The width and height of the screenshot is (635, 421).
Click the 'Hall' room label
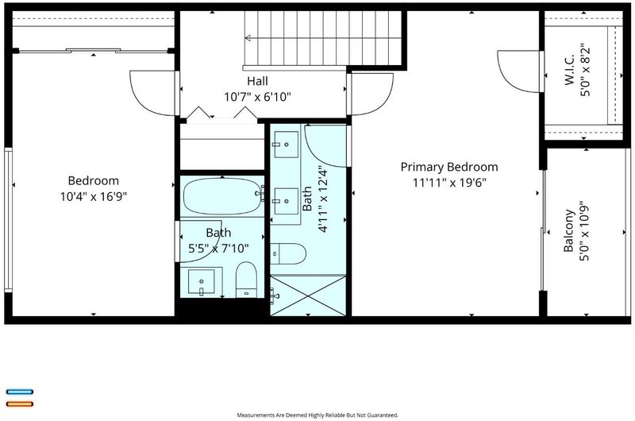[x=257, y=81]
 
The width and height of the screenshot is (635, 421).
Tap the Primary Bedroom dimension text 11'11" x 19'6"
[x=449, y=183]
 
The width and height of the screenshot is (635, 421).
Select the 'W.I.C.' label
[x=569, y=70]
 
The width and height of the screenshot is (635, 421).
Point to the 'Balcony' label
[x=569, y=230]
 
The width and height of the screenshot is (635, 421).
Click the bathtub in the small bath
[x=222, y=196]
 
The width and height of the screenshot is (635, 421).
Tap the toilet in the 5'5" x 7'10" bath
[x=246, y=280]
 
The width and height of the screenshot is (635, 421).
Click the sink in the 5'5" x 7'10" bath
[x=202, y=282]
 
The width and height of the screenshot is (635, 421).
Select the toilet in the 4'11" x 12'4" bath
[x=288, y=253]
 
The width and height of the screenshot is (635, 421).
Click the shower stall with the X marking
[x=308, y=295]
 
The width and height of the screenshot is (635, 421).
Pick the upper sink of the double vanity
[x=287, y=145]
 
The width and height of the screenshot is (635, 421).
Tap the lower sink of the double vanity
[x=287, y=201]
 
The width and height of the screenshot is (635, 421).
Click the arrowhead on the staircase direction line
[x=248, y=38]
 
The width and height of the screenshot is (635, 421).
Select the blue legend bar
[x=19, y=392]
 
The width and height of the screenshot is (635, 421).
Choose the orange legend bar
[x=19, y=404]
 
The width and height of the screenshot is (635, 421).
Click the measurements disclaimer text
[x=317, y=415]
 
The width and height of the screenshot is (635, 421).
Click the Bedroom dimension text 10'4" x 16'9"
[x=94, y=197]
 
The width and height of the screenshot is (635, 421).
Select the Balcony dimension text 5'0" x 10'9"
[x=584, y=230]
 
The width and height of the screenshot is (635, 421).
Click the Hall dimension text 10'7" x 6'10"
[x=257, y=97]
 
